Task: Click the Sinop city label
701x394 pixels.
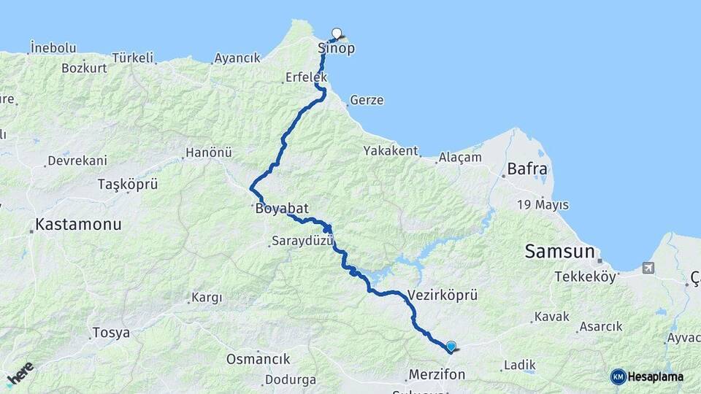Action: tap(337, 48)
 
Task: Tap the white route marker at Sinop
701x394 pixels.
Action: tap(337, 33)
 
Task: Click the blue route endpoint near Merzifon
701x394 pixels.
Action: tap(451, 347)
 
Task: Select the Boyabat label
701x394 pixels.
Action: tap(278, 209)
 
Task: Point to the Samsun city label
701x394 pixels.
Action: tap(559, 252)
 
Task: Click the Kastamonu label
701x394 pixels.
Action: tap(78, 225)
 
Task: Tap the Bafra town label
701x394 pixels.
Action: tap(524, 169)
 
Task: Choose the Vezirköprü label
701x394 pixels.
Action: tap(443, 295)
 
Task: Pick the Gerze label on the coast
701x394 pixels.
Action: tap(367, 101)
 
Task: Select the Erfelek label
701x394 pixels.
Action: tap(307, 77)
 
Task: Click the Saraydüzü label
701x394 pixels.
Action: tap(302, 241)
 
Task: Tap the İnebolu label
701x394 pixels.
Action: tap(53, 48)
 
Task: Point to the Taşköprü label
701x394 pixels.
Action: tap(128, 185)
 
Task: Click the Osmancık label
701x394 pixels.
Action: tap(258, 359)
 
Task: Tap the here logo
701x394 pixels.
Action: tap(20, 374)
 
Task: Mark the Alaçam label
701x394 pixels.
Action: tap(460, 157)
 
